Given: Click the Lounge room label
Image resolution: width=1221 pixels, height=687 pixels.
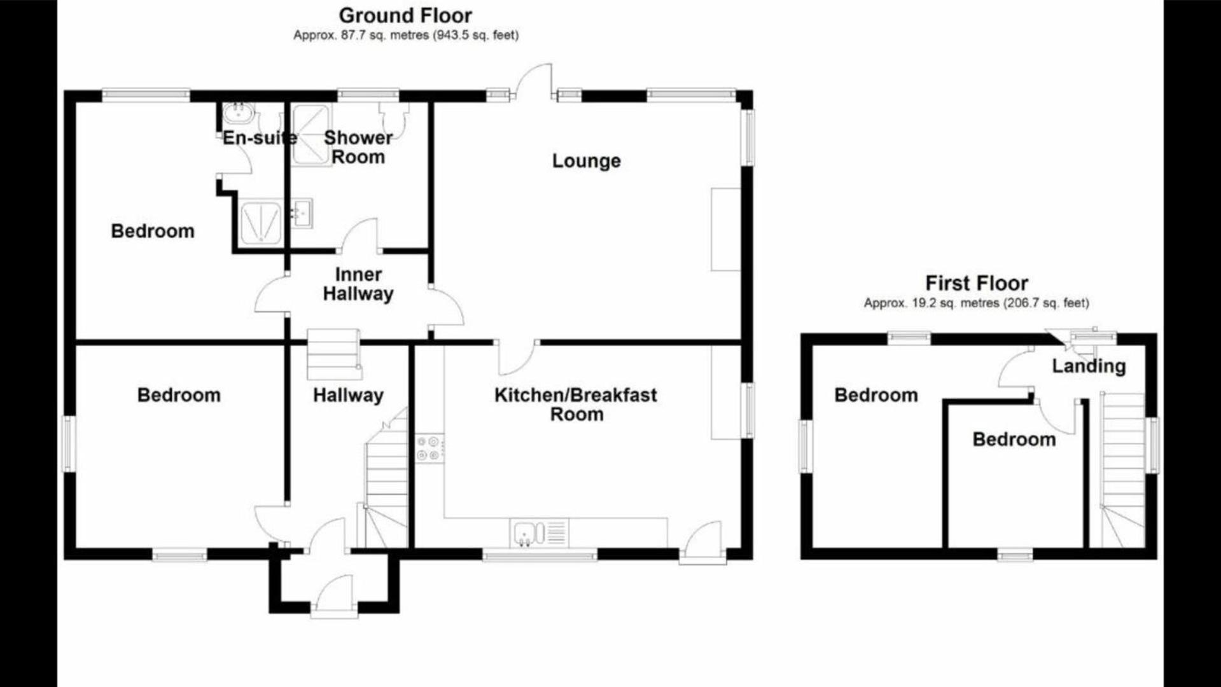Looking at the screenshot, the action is pyautogui.click(x=586, y=161).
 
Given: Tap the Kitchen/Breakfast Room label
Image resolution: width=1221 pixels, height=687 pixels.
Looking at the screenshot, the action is pyautogui.click(x=576, y=405).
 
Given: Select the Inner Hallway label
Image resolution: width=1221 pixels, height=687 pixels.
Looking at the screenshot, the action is pyautogui.click(x=358, y=284).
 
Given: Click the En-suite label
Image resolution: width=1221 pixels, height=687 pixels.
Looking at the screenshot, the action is pyautogui.click(x=260, y=138).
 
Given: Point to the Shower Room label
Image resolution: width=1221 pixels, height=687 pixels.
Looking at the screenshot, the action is pyautogui.click(x=358, y=147).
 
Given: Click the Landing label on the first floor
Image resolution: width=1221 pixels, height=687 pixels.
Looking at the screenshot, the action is pyautogui.click(x=1089, y=366).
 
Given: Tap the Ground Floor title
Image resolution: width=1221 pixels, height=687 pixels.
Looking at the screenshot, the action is pyautogui.click(x=405, y=15).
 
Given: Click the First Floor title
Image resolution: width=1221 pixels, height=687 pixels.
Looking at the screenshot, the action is pyautogui.click(x=977, y=283).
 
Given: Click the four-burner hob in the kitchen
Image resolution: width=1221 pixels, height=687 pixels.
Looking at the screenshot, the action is pyautogui.click(x=429, y=448).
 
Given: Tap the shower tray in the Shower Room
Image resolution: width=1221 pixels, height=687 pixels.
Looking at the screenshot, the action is pyautogui.click(x=311, y=135).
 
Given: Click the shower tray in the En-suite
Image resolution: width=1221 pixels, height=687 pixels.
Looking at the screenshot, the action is pyautogui.click(x=261, y=223).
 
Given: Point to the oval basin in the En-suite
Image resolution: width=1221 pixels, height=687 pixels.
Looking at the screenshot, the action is pyautogui.click(x=239, y=114).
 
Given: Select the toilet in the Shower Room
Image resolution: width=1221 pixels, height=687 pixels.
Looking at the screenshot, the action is pyautogui.click(x=393, y=114).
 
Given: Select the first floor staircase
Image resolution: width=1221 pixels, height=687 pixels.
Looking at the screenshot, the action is pyautogui.click(x=1123, y=469).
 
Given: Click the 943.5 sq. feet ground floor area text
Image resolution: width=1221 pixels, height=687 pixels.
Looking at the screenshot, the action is pyautogui.click(x=476, y=36).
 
